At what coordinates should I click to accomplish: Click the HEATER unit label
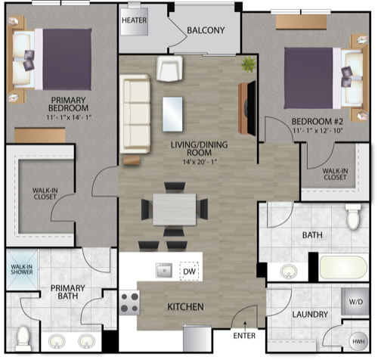(134, 20)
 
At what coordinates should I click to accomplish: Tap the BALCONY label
(206, 30)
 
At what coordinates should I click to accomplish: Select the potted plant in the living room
(249, 64)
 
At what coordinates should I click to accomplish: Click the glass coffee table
(172, 114)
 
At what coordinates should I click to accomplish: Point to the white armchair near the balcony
(169, 69)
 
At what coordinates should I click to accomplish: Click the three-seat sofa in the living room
(135, 113)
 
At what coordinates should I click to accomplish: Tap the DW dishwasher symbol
(189, 272)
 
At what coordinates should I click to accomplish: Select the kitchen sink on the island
(164, 270)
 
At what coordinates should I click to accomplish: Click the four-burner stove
(129, 303)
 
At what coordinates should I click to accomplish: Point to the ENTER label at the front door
(244, 336)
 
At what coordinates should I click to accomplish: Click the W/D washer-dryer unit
(355, 302)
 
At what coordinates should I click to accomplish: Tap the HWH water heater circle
(358, 342)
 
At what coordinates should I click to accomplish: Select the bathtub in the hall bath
(343, 268)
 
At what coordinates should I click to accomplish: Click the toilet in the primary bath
(23, 338)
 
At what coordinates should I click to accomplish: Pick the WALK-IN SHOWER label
(22, 269)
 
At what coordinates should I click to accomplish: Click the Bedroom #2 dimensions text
(318, 131)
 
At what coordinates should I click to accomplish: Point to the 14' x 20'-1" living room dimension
(200, 162)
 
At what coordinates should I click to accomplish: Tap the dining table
(175, 209)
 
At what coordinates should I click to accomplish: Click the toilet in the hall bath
(353, 217)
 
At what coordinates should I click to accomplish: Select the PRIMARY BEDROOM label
(68, 104)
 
